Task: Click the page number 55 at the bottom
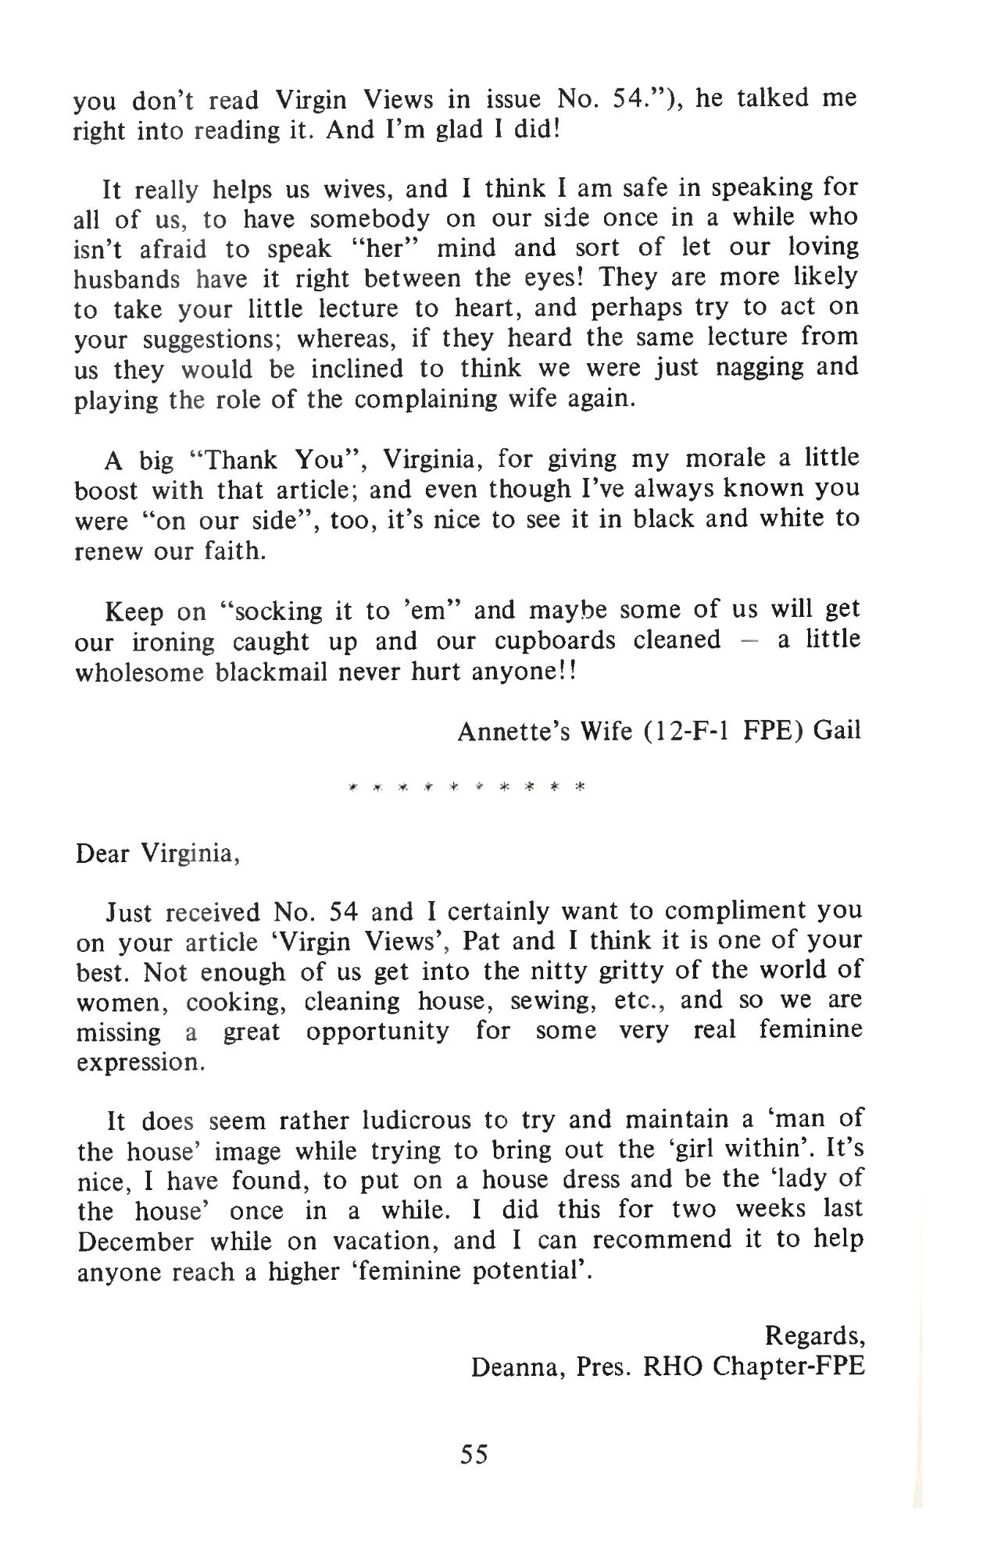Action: tap(474, 1453)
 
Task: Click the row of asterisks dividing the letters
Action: tap(467, 786)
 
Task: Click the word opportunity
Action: tap(377, 1031)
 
